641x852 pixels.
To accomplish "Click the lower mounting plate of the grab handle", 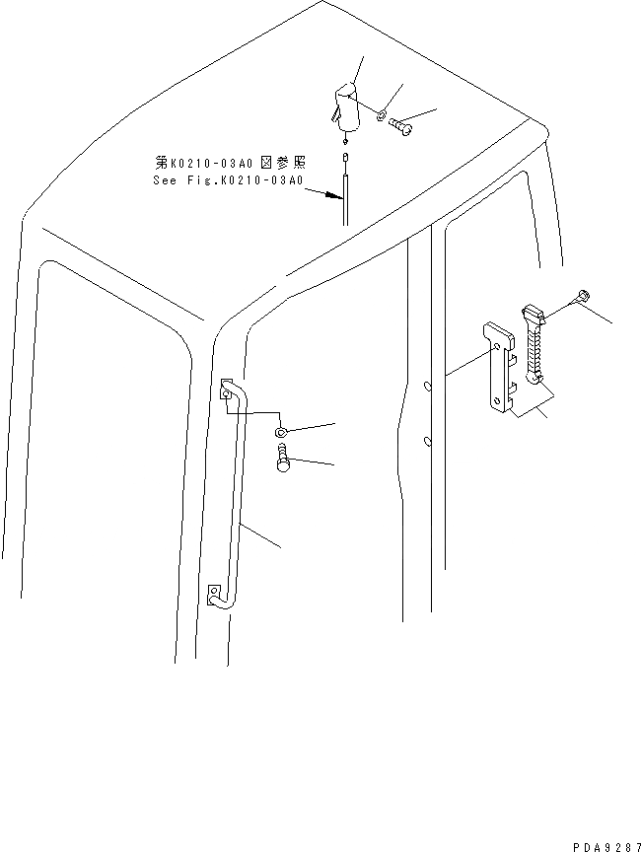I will tap(215, 597).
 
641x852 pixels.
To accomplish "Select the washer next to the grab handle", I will tap(282, 431).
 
